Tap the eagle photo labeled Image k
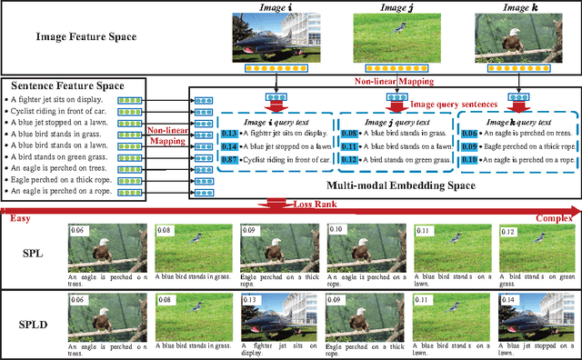[x=510, y=38]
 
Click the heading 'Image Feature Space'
[x=86, y=37]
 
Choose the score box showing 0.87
[x=229, y=160]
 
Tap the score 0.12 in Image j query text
[x=347, y=160]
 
